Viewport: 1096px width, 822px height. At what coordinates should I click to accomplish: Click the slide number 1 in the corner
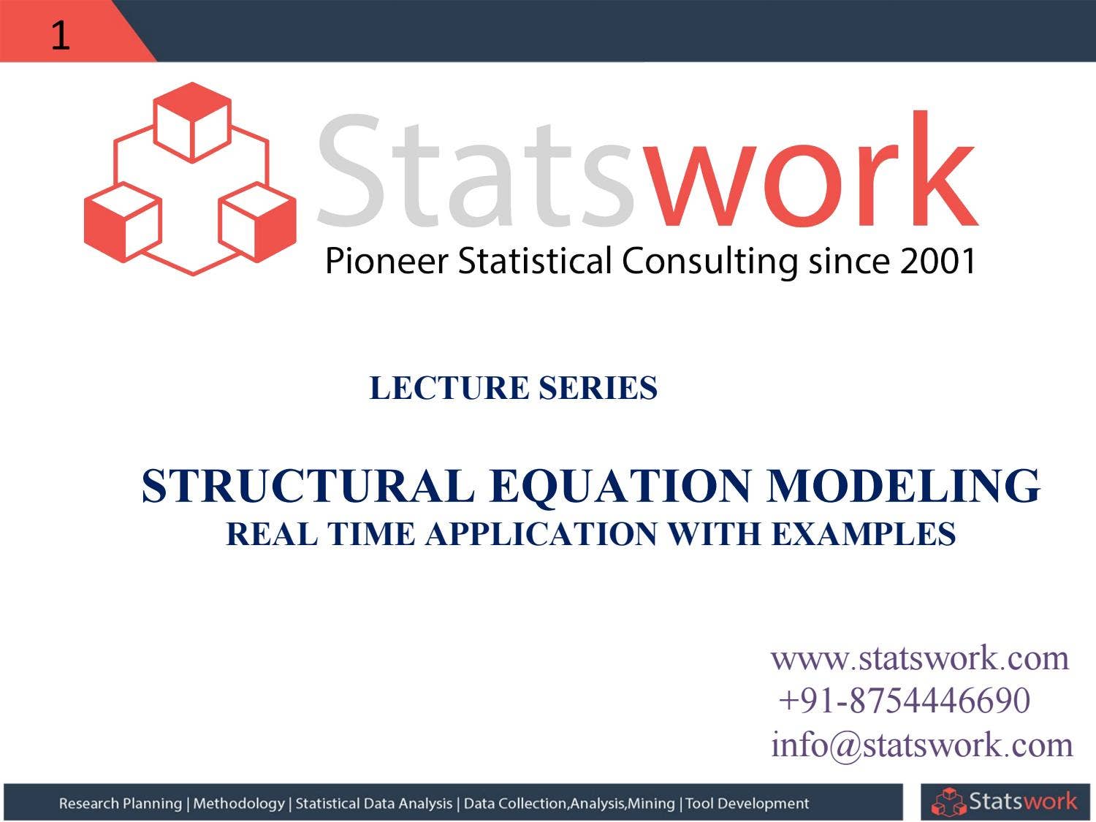60,34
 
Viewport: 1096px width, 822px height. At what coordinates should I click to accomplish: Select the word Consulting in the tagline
709,262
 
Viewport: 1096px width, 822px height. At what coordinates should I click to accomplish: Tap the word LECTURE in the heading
449,388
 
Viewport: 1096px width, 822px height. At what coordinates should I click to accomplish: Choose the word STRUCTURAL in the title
308,486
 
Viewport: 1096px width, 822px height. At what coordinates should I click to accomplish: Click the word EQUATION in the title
621,486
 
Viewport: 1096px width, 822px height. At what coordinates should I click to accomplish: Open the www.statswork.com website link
920,658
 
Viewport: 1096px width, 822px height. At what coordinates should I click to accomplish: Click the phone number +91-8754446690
905,700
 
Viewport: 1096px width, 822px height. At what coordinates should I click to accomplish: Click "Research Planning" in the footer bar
121,804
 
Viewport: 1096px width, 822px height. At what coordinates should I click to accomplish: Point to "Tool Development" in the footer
747,804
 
